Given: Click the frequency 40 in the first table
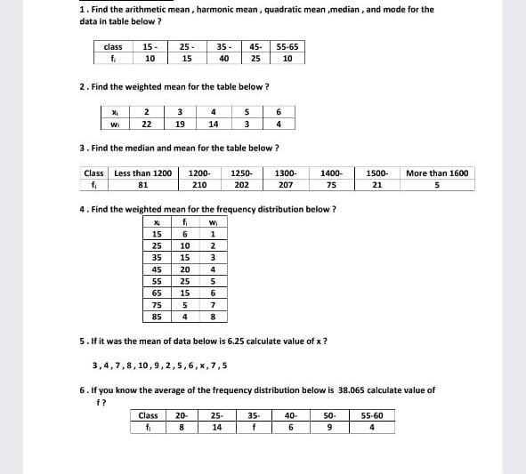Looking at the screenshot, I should point(224,59).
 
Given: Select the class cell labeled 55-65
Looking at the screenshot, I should point(287,46).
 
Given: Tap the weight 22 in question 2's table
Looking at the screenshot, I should point(147,125).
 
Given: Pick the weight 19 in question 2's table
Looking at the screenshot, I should point(180,125).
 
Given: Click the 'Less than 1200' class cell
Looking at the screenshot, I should point(143,173).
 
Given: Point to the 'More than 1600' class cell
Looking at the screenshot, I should point(437,173).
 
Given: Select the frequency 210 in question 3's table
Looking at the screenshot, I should point(200,185).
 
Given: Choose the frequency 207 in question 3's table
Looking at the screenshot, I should point(286,185).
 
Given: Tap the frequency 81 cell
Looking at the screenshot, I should point(142,185).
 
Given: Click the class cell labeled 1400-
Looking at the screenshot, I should point(331,173).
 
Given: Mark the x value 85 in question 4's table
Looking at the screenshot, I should point(157,317).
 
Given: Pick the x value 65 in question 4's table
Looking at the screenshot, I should point(157,292).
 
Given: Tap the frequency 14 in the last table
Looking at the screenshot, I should point(217,427).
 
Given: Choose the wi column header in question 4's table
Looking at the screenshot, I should point(213,222).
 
